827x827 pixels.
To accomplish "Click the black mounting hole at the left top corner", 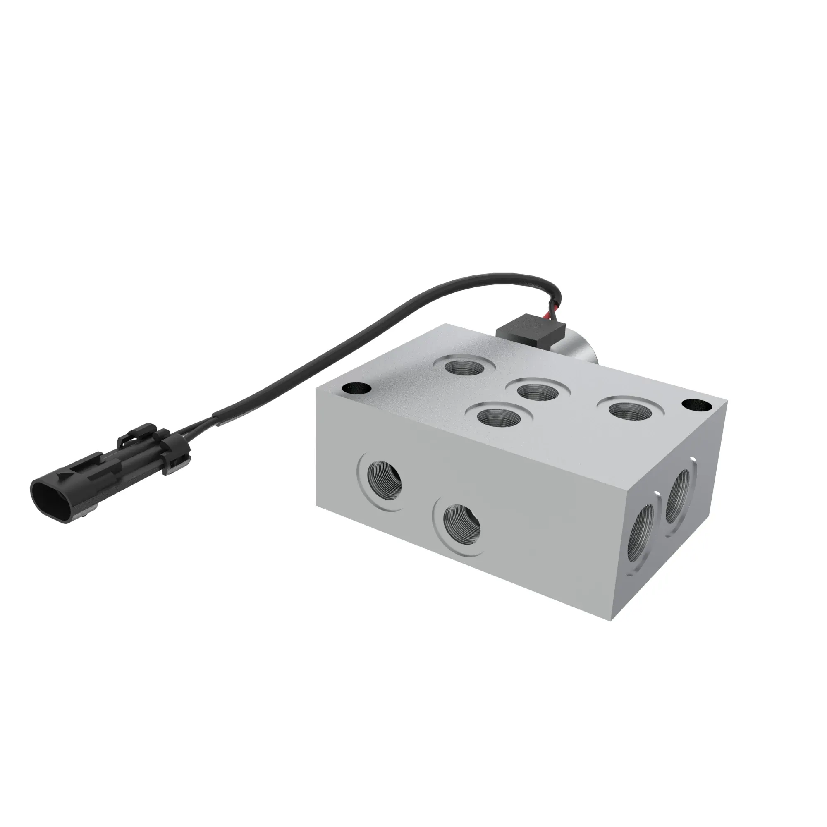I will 356,389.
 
